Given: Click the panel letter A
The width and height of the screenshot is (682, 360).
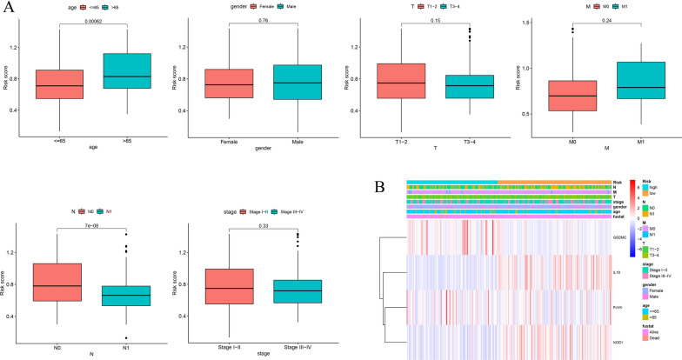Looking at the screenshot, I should [8, 8].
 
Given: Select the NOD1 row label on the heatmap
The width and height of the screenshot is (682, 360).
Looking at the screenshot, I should [619, 331].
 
